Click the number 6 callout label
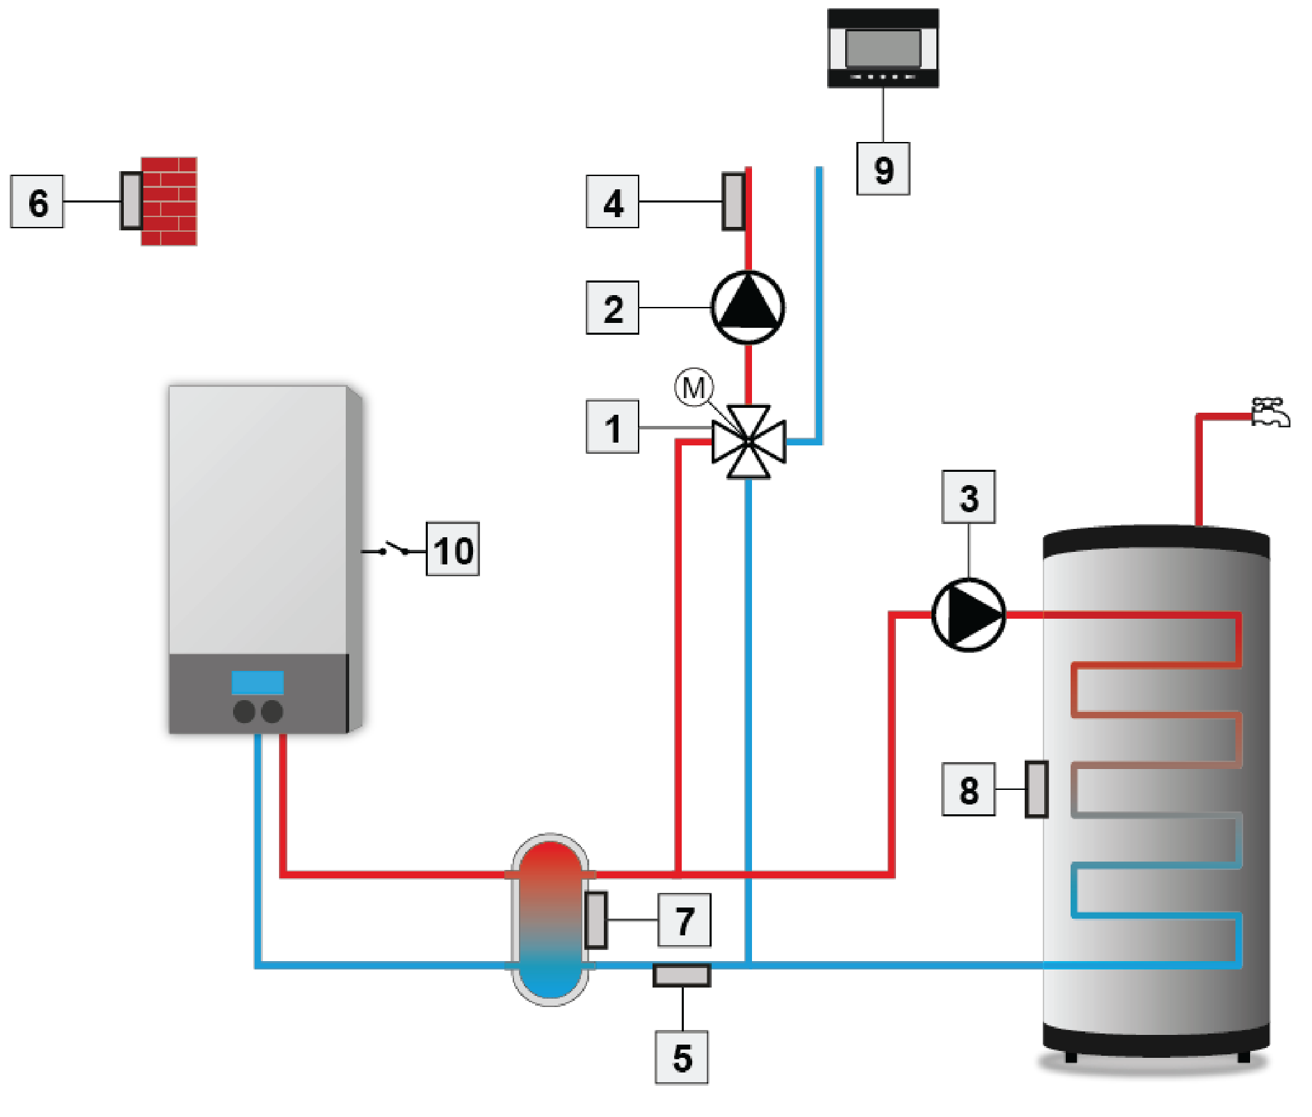click(38, 202)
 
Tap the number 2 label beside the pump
click(612, 308)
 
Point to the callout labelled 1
click(612, 427)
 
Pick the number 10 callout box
click(453, 550)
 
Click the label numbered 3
click(968, 498)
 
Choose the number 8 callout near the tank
click(968, 789)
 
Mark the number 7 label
click(685, 920)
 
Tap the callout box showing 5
click(682, 1056)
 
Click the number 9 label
click(883, 169)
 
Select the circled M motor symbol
click(694, 387)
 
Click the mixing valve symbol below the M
click(749, 442)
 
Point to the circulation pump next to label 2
click(748, 307)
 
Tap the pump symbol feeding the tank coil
click(968, 614)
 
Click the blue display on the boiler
click(257, 682)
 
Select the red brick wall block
click(168, 201)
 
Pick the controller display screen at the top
click(883, 48)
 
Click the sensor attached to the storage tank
click(1037, 789)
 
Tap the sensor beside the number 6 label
click(131, 200)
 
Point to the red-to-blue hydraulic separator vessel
click(550, 919)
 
